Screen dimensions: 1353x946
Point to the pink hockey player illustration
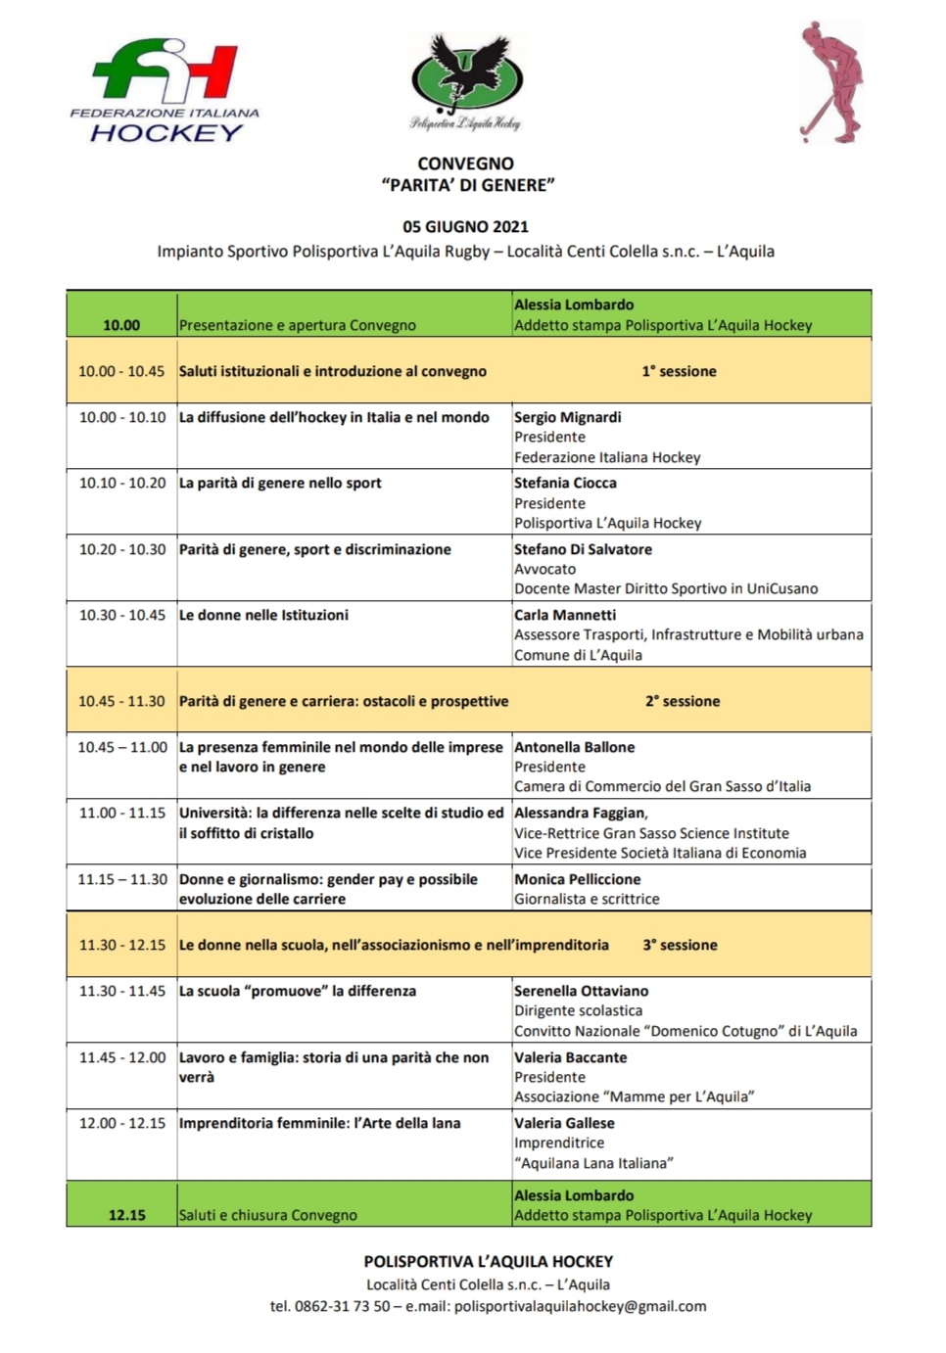pos(829,82)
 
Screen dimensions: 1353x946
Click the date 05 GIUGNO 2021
pos(465,226)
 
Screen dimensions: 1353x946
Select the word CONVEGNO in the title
pos(465,163)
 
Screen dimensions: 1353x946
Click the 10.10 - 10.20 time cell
pos(122,483)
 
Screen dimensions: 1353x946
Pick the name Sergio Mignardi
pos(567,417)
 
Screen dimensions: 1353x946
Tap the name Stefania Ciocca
pos(565,483)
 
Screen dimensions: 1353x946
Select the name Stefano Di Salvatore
pos(583,549)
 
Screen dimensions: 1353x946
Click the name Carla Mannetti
pos(565,615)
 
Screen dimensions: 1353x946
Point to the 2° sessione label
pos(682,701)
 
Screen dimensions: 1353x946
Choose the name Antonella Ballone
pos(574,747)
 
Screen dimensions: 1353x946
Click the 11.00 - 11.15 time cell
pos(122,813)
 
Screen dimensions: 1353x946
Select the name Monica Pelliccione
pos(577,879)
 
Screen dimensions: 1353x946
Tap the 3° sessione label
pos(680,945)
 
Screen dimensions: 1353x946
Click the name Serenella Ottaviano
pos(581,991)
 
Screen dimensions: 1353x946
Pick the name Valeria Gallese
pos(564,1123)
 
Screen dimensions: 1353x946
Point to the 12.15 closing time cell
pos(126,1215)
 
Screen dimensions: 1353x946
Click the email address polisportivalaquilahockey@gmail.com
pos(580,1306)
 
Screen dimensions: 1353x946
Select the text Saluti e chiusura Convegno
pos(267,1215)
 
